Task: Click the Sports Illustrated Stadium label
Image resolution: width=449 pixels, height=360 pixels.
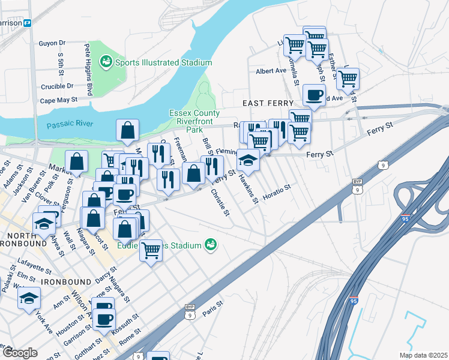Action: [x=164, y=62]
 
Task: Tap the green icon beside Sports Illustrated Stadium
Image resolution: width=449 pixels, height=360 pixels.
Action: [x=106, y=61]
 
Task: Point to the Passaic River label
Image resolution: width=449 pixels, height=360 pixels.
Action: [x=70, y=124]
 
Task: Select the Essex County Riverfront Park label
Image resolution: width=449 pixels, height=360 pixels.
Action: [x=194, y=121]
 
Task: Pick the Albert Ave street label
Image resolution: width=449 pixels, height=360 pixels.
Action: [x=271, y=71]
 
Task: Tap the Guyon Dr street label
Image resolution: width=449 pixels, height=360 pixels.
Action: [x=52, y=43]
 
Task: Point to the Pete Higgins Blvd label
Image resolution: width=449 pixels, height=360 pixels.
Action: [x=88, y=61]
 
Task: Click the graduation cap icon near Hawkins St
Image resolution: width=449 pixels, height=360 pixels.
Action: [x=248, y=160]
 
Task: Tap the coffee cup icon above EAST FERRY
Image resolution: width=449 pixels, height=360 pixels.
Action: [x=315, y=94]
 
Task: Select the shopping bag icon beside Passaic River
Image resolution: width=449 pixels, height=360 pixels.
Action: [x=128, y=130]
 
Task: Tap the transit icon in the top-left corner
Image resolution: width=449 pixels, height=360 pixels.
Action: [x=27, y=23]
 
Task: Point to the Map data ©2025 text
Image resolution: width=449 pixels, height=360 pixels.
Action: [x=423, y=355]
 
